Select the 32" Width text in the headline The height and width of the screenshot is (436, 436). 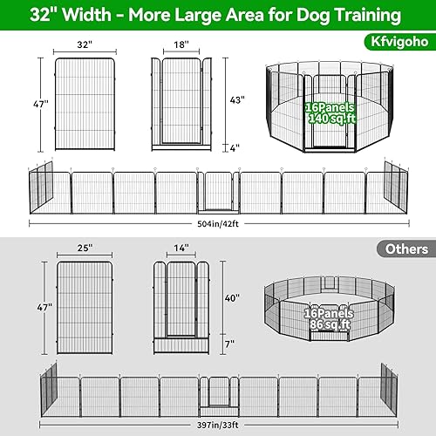pyautogui.click(x=71, y=16)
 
